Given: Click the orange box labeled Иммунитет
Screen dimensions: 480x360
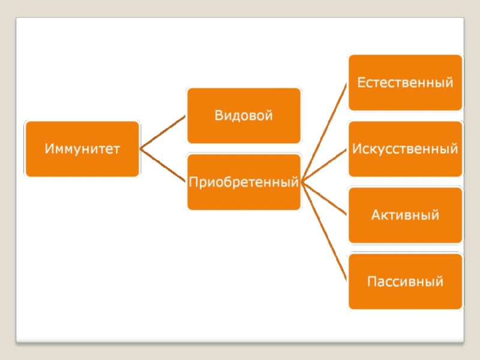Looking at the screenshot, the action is (x=82, y=149).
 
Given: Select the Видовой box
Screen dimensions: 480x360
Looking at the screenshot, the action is (x=244, y=116).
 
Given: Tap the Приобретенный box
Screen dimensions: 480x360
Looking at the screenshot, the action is (x=244, y=182).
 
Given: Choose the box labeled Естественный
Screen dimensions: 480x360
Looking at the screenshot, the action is (x=405, y=83).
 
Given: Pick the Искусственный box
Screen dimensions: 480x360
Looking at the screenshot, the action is (x=405, y=149).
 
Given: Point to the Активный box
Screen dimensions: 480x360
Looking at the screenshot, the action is (x=405, y=215).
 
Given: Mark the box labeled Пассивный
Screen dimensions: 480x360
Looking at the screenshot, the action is (x=405, y=281).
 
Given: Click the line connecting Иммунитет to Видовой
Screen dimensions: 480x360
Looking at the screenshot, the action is (x=163, y=133).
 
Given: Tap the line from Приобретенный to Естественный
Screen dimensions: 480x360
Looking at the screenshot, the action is (x=325, y=132).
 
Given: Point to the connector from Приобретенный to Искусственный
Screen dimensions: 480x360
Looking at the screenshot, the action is (x=325, y=165).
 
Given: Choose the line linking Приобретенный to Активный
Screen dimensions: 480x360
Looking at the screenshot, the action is (x=325, y=198).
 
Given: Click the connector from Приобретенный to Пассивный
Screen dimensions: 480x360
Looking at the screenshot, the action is (x=325, y=231).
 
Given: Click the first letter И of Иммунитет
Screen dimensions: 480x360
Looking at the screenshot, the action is (x=48, y=148).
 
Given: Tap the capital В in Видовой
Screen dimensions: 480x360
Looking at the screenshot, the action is (x=220, y=115).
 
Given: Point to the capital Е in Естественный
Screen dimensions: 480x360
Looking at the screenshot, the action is (x=361, y=82).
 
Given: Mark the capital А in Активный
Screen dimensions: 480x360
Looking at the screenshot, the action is (x=376, y=214).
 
